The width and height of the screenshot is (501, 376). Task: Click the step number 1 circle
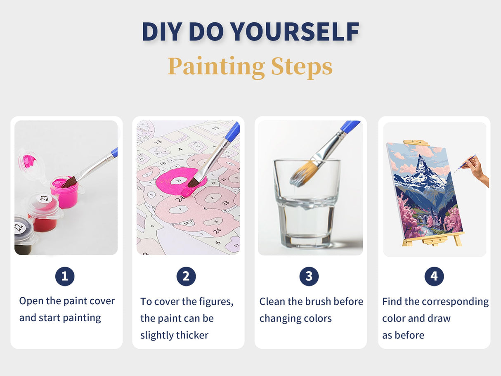pos(65,277)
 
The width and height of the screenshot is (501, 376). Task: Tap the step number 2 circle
pos(186,277)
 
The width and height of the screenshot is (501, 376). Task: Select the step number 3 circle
pos(309,277)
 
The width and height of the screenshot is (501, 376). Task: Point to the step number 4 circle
pos(434,277)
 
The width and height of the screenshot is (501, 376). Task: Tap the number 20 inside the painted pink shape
pos(179,180)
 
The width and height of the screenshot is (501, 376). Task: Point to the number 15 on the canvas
pos(215,128)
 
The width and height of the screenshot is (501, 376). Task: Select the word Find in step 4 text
pos(392,302)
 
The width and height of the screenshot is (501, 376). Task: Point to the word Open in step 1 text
pos(31,301)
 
